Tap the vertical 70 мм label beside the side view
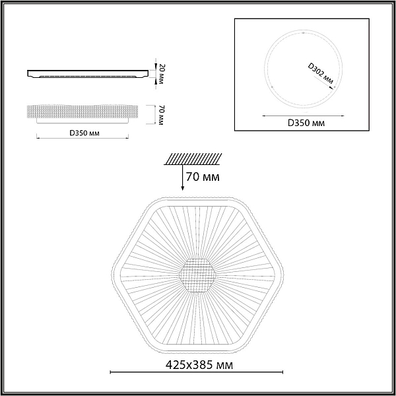161,115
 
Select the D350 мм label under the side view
84,133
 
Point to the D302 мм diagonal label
321,73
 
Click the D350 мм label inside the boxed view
306,123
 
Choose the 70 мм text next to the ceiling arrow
203,177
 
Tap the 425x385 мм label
199,365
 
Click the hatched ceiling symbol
193,159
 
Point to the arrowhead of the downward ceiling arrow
183,188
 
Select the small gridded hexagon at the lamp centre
197,275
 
